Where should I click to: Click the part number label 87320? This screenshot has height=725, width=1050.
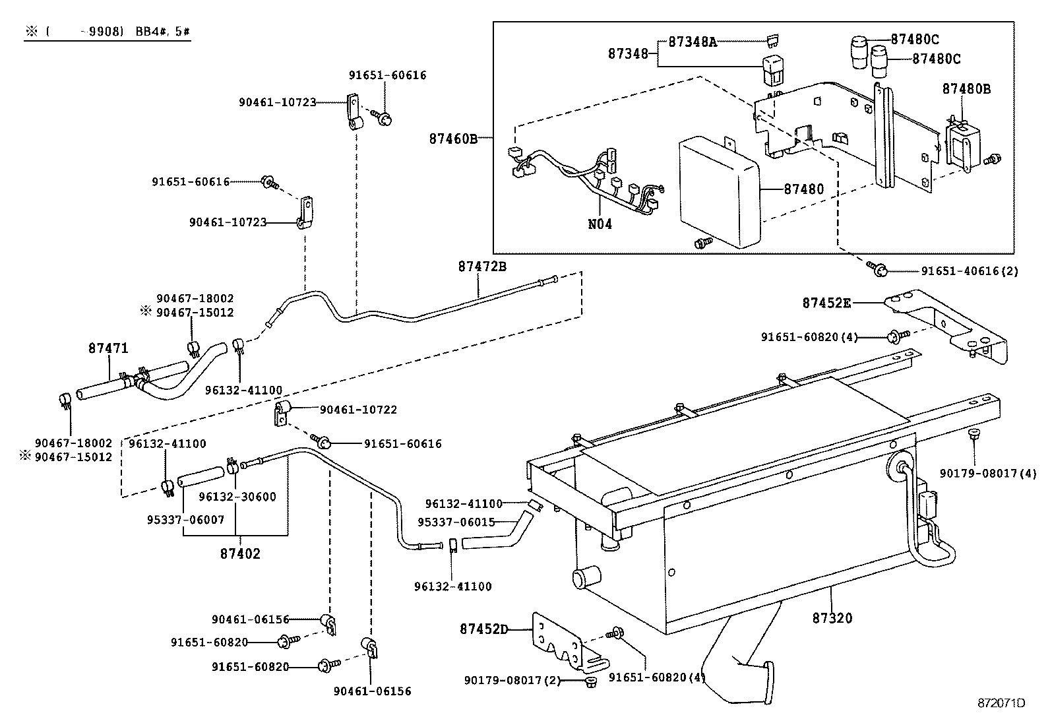point(832,618)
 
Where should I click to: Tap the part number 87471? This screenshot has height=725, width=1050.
point(108,348)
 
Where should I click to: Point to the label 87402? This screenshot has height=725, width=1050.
point(240,553)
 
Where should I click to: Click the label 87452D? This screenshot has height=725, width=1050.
point(484,629)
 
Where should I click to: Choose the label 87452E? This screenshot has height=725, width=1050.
point(826,303)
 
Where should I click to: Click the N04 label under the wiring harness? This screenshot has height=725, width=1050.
point(600,224)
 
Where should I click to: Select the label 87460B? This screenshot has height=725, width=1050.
point(452,139)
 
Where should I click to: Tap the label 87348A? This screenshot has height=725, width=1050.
point(693,42)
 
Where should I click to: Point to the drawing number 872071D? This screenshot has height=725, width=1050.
point(1001,703)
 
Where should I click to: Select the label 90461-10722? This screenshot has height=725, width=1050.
point(358,410)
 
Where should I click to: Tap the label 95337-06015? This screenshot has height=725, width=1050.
point(456,522)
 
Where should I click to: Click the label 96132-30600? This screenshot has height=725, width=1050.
point(237,497)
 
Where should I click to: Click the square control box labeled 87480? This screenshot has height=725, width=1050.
point(719,191)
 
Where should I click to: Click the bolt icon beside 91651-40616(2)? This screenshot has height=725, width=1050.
point(878,268)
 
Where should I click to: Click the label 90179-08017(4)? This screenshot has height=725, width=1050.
point(988,473)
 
